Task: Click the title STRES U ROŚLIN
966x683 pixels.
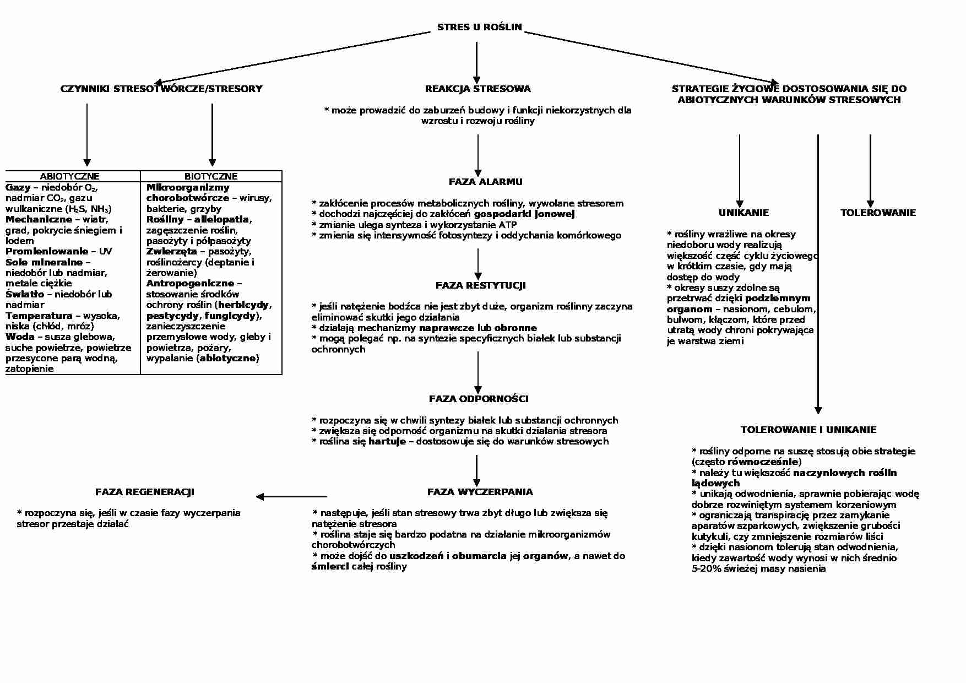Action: (x=479, y=27)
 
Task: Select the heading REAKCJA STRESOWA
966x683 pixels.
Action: (x=477, y=89)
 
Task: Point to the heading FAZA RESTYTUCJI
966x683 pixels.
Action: (x=480, y=285)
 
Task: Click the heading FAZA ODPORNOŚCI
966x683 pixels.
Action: (x=479, y=399)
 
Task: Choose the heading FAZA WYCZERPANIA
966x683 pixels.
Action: (x=480, y=492)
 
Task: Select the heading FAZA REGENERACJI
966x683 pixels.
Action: (x=145, y=492)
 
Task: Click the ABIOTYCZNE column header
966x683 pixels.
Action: (x=69, y=176)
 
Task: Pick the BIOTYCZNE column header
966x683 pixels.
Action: (x=211, y=176)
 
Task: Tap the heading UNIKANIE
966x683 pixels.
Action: (x=744, y=213)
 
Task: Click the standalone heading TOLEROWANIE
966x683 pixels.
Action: (x=878, y=213)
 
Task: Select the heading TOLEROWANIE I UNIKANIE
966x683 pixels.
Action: (x=808, y=430)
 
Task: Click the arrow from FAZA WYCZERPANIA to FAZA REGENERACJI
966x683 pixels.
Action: (x=291, y=497)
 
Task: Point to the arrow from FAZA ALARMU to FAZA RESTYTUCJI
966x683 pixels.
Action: (x=477, y=264)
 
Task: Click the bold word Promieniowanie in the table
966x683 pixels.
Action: (x=47, y=252)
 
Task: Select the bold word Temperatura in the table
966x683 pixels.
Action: (x=39, y=316)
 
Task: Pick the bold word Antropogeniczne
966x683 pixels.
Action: (x=190, y=284)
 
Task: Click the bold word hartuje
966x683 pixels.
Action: (x=387, y=441)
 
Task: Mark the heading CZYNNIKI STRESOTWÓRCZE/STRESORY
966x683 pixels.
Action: (x=161, y=89)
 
